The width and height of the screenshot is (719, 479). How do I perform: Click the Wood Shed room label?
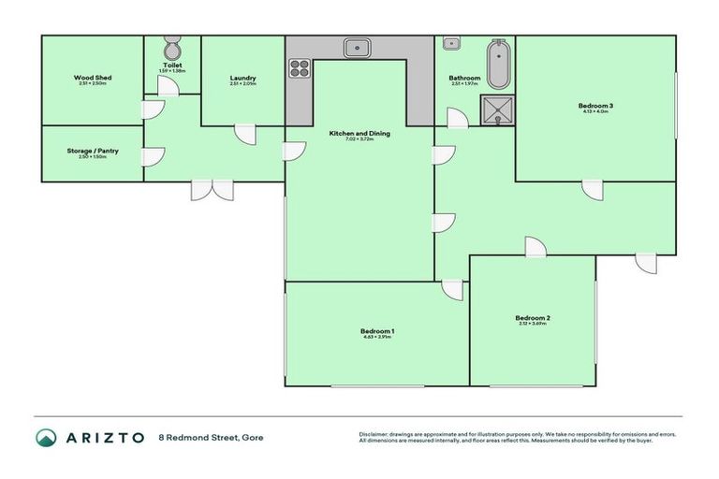pos(92,78)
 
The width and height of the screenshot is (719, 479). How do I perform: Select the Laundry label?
pos(242,78)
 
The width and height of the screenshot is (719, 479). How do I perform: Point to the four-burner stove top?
pos(300,67)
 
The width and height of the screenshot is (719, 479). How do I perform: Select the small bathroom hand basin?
pos(450,43)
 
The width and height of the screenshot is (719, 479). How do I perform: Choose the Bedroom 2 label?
pos(532,319)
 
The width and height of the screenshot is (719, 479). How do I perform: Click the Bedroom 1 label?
pos(377,331)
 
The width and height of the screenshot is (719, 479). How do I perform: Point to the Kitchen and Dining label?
pos(359,134)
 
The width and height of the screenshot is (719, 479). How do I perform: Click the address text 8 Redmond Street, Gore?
pos(212,437)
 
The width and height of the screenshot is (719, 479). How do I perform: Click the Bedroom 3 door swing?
pos(593,190)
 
